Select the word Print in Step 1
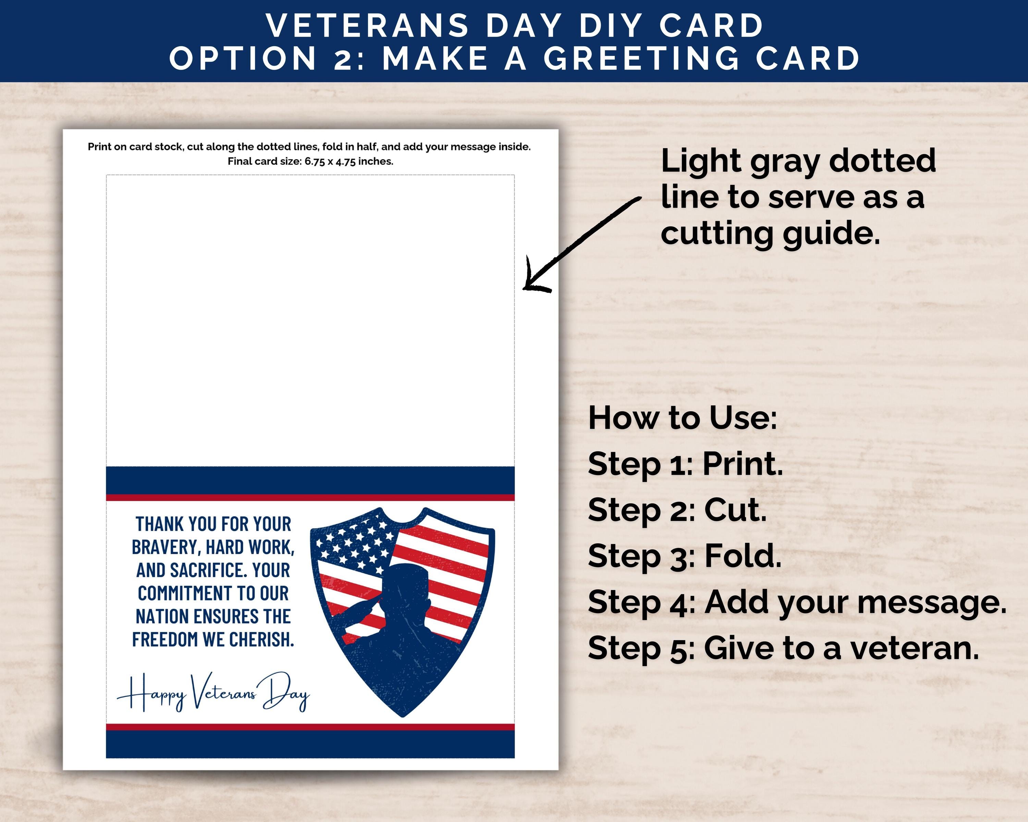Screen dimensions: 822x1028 click(743, 464)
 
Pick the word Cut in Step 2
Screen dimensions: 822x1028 click(735, 510)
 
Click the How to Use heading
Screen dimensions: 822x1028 click(682, 418)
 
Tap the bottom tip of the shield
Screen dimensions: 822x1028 click(402, 715)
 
